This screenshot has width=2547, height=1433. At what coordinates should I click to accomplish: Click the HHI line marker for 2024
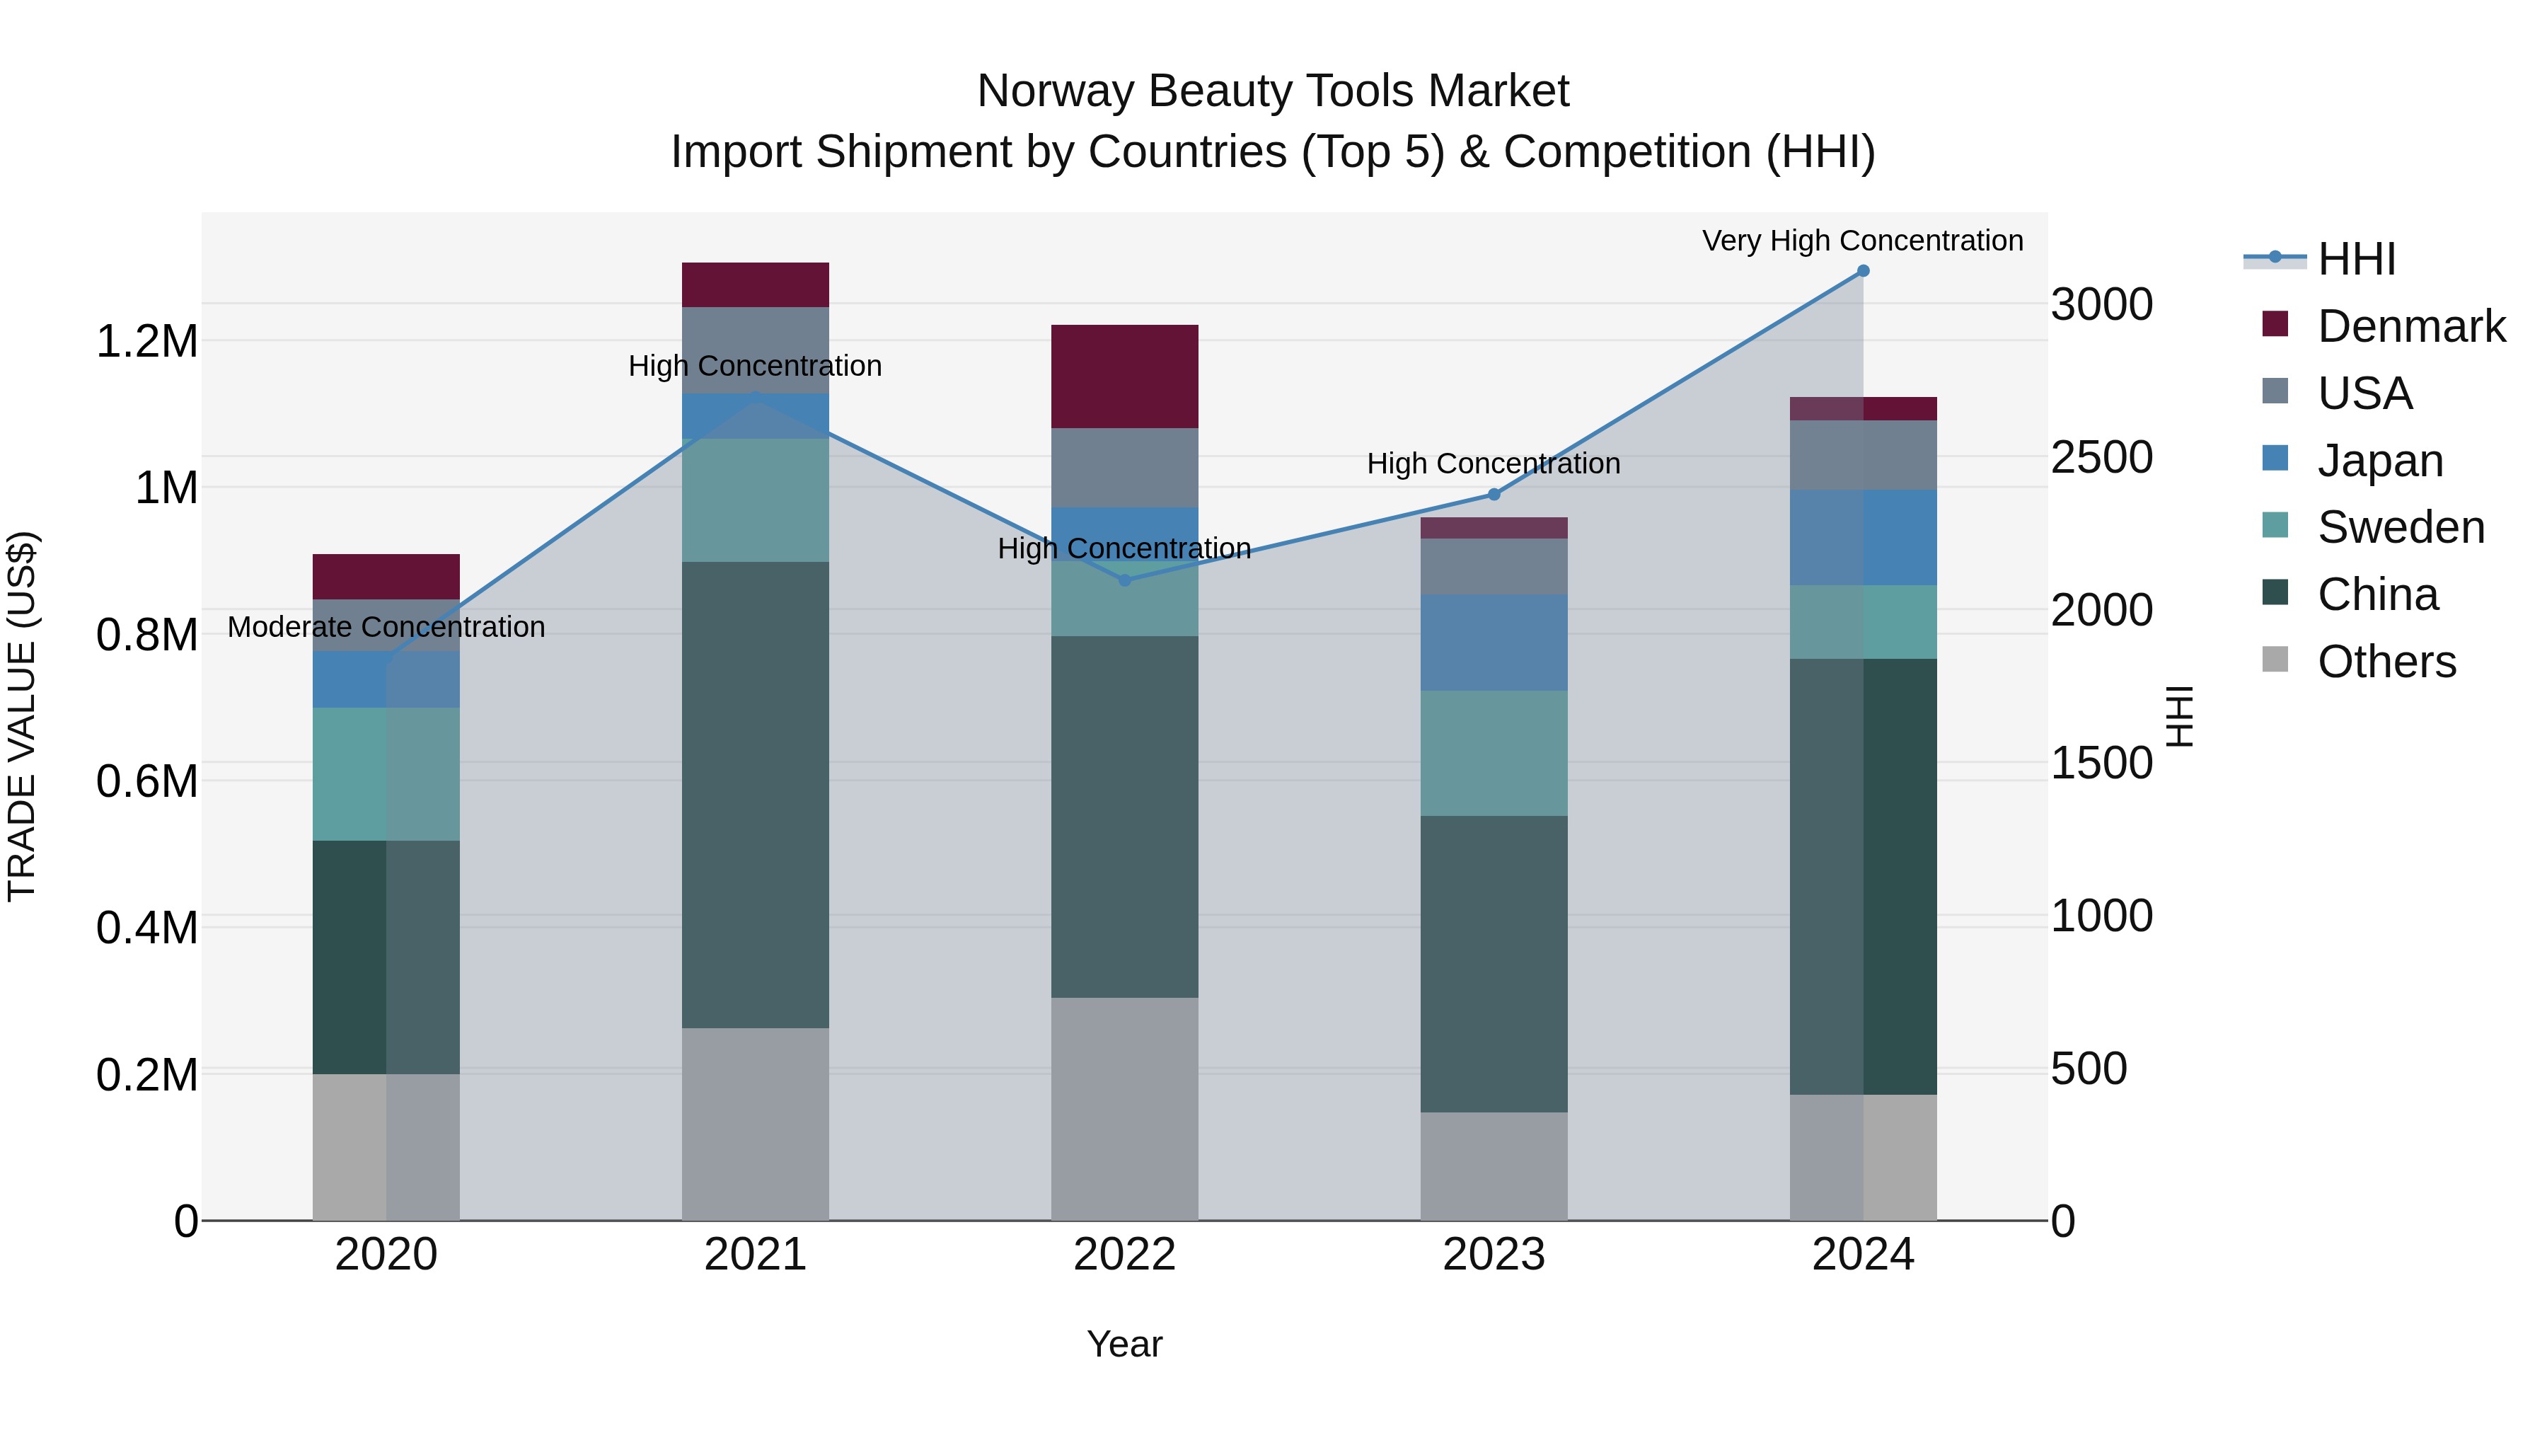coord(1863,271)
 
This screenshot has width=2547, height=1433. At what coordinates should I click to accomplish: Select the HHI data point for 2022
coord(1124,580)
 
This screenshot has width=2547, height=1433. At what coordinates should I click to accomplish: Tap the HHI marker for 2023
coord(1494,495)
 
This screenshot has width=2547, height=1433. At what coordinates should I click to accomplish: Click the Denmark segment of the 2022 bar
coord(1124,376)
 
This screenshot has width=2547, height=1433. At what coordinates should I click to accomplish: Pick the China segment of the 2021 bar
coord(756,795)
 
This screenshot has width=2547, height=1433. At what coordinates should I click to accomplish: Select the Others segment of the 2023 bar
coord(1494,1166)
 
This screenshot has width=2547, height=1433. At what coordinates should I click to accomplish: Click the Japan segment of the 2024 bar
coord(1863,537)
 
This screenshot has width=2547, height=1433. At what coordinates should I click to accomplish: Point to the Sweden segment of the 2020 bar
coord(386,774)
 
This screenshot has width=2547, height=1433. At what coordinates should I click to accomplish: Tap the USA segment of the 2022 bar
coord(1124,468)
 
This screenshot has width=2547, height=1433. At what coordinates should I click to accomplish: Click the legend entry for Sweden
coord(2400,527)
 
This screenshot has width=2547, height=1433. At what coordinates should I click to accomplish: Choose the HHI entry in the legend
coord(2355,259)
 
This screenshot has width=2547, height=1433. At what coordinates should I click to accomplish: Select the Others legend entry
coord(2386,662)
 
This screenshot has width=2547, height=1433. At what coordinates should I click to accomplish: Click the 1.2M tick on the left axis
coord(146,343)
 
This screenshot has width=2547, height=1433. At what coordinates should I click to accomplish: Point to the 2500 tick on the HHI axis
coord(2101,458)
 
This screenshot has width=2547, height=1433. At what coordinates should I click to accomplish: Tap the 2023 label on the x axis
coord(1494,1255)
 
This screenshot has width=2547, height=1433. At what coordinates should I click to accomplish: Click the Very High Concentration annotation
coord(1863,241)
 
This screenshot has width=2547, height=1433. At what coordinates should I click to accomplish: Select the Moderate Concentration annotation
coord(386,627)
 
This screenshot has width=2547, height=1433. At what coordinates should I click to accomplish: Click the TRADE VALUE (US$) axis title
coord(22,716)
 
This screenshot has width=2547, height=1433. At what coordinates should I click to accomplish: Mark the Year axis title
coord(1124,1344)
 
